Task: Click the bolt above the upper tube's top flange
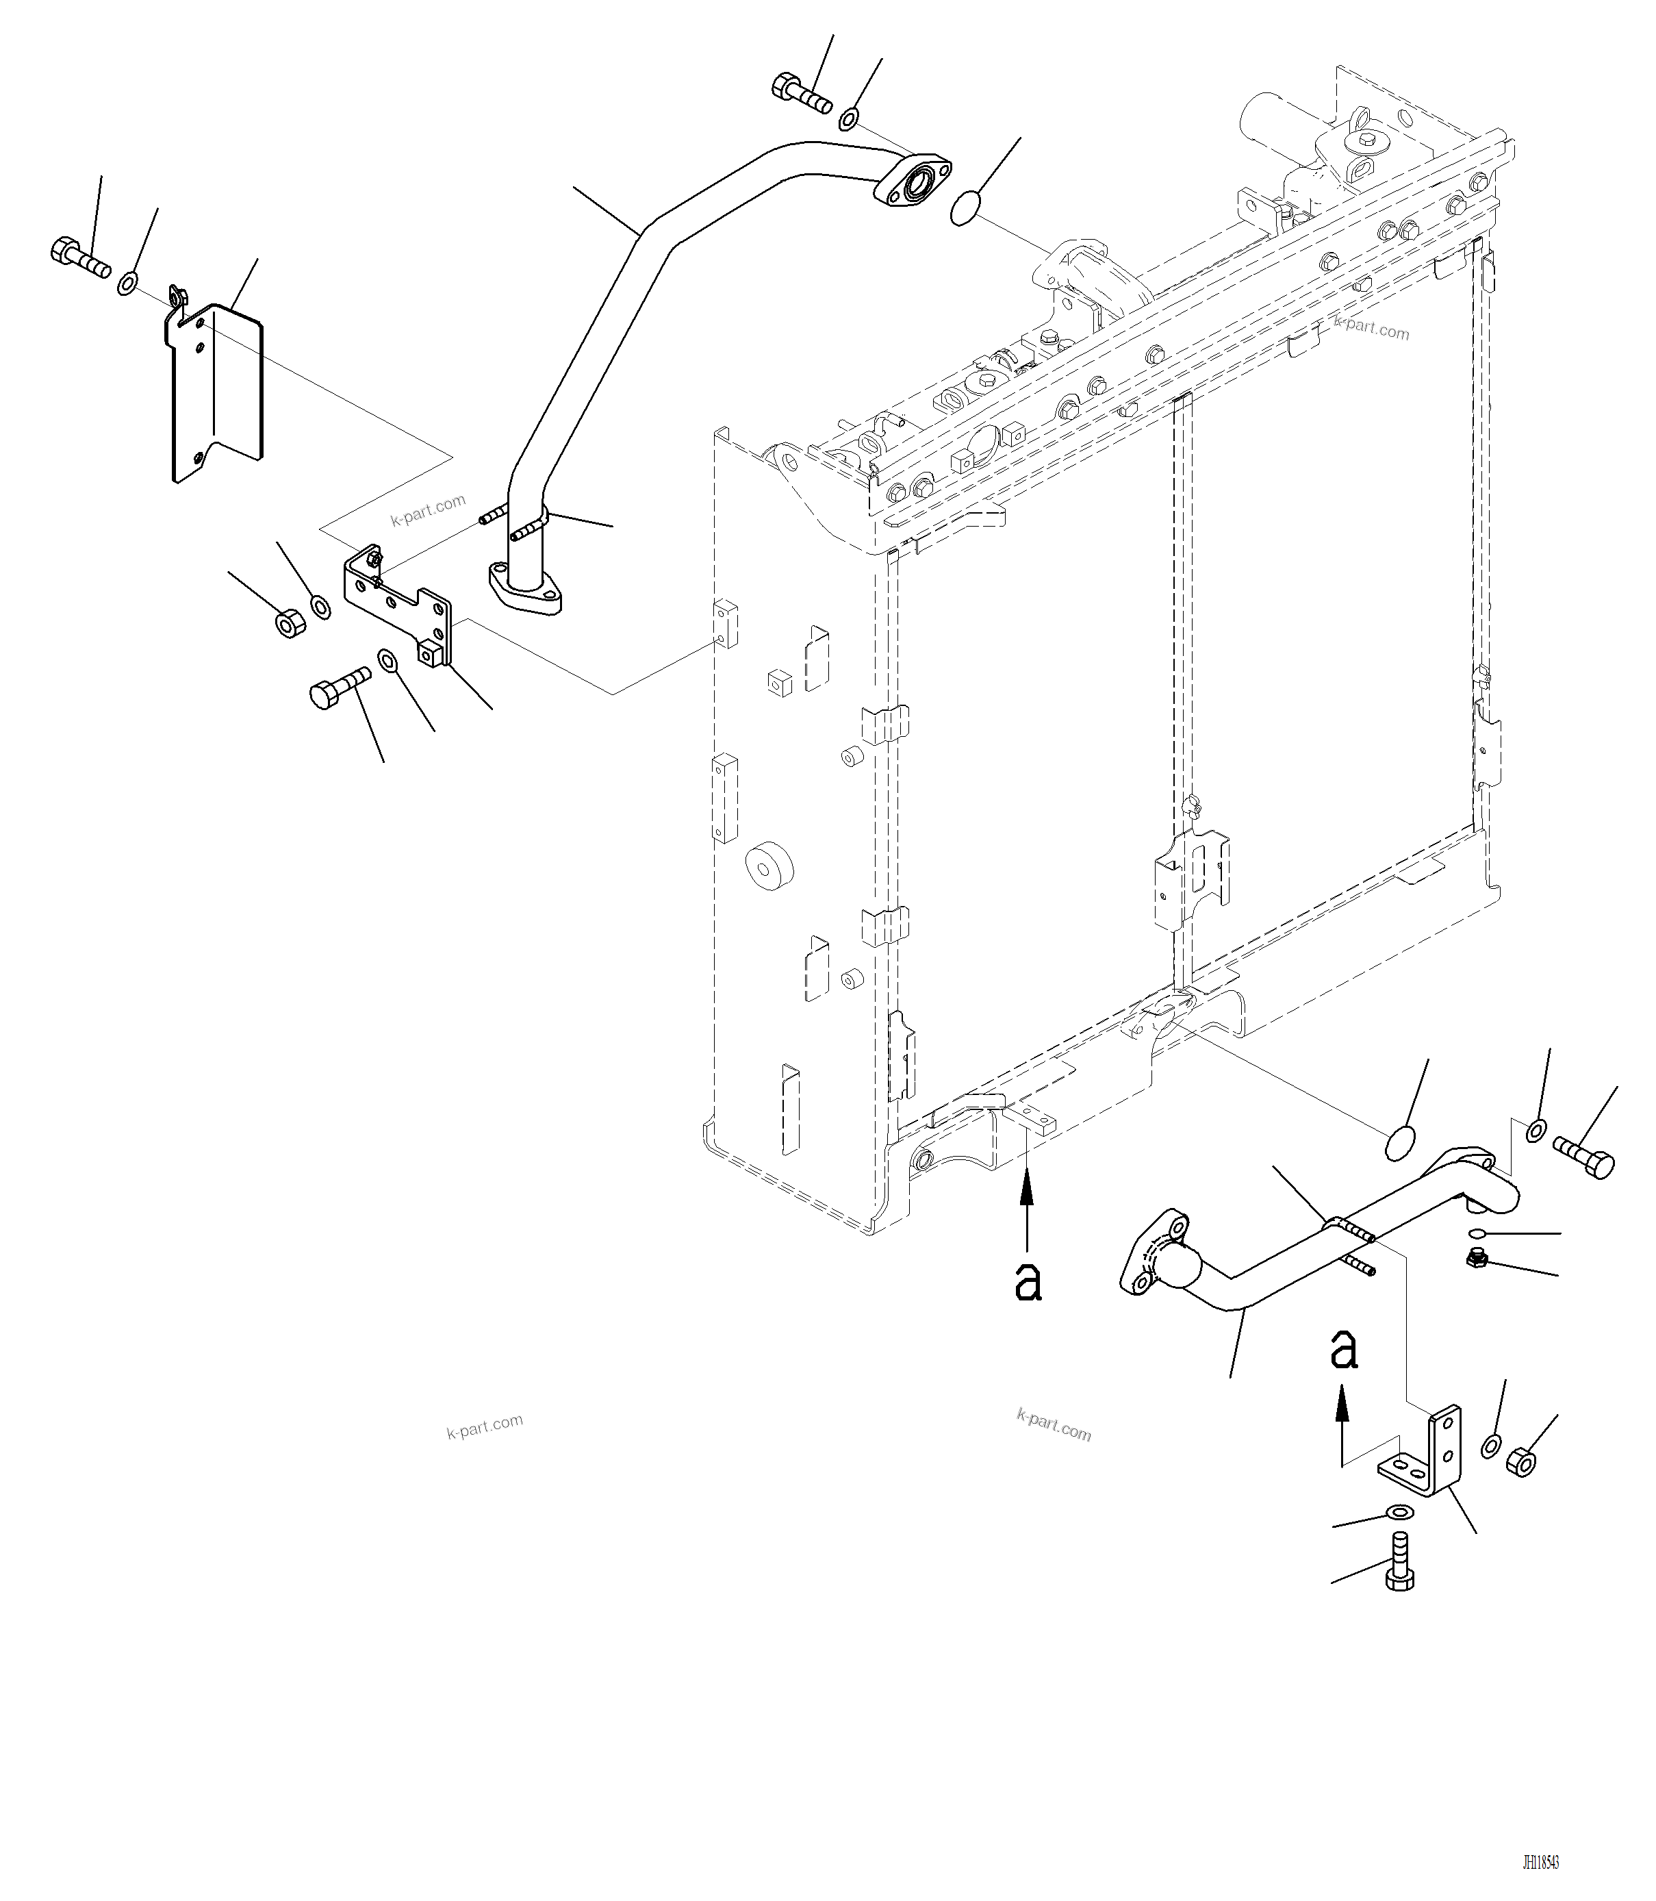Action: click(800, 92)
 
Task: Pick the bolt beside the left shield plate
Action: click(79, 258)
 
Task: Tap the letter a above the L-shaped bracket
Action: click(1344, 1351)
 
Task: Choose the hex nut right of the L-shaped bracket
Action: click(1520, 1462)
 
